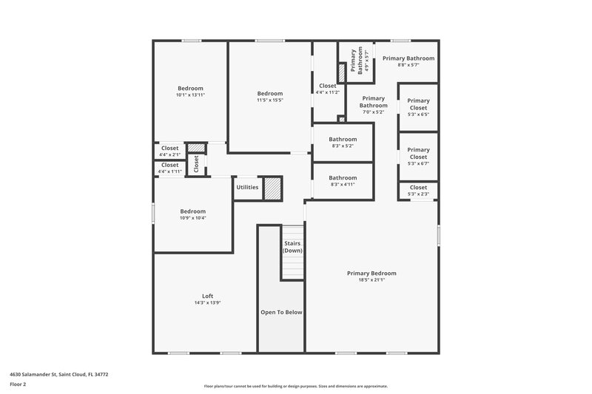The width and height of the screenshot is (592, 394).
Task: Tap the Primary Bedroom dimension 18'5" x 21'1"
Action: pyautogui.click(x=371, y=279)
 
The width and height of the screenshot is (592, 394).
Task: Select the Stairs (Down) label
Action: pyautogui.click(x=292, y=247)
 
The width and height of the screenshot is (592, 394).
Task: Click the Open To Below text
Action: pyautogui.click(x=281, y=312)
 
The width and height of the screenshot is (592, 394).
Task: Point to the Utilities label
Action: pyautogui.click(x=247, y=187)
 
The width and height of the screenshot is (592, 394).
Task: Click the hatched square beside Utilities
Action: pyautogui.click(x=274, y=187)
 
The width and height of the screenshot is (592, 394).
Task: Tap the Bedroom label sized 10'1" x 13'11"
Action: pyautogui.click(x=190, y=89)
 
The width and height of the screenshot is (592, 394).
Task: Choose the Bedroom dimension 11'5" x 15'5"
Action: pyautogui.click(x=270, y=100)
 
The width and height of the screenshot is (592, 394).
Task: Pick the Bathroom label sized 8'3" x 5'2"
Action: pyautogui.click(x=343, y=139)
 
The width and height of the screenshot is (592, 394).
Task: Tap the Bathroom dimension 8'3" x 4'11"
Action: pyautogui.click(x=343, y=184)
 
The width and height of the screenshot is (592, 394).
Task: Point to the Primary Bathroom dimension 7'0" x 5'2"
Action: pyautogui.click(x=374, y=112)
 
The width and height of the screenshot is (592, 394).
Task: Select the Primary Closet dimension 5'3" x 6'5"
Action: pyautogui.click(x=418, y=115)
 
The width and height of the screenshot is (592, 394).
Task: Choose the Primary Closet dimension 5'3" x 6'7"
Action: pyautogui.click(x=418, y=163)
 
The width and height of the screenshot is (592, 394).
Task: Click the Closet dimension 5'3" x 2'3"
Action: pyautogui.click(x=418, y=194)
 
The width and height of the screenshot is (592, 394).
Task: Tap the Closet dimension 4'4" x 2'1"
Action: pyautogui.click(x=169, y=154)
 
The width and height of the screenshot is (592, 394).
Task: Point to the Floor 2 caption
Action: pyautogui.click(x=18, y=385)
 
